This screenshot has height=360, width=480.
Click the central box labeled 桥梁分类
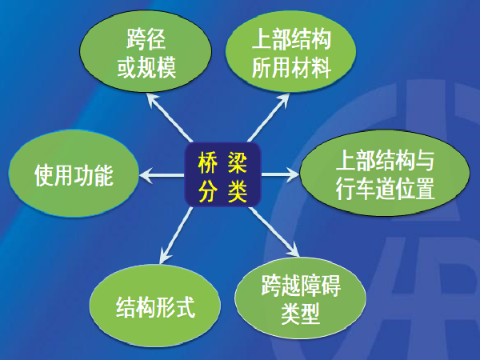[x=222, y=174]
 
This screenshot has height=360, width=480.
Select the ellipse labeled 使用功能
[x=74, y=174]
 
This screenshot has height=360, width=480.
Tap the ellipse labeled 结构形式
[x=155, y=306]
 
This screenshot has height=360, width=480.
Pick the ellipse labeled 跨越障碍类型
[x=300, y=298]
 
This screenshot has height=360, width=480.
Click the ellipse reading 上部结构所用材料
[x=291, y=51]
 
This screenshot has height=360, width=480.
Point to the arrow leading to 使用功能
[x=162, y=174]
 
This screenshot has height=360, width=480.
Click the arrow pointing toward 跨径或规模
[x=170, y=118]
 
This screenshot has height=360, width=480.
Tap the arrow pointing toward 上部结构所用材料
[x=269, y=118]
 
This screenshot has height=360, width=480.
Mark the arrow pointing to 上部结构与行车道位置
[x=280, y=174]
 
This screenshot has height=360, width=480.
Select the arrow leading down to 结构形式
[x=176, y=235]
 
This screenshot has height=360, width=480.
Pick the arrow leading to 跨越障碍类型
[x=274, y=231]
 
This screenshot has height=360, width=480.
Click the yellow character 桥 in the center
[x=207, y=163]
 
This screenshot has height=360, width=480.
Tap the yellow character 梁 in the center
[x=238, y=163]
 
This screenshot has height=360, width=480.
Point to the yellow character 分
[x=207, y=192]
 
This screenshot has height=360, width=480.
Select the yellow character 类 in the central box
[x=238, y=192]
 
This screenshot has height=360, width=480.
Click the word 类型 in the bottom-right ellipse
[x=300, y=314]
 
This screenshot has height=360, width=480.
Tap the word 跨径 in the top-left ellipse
[x=146, y=39]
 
